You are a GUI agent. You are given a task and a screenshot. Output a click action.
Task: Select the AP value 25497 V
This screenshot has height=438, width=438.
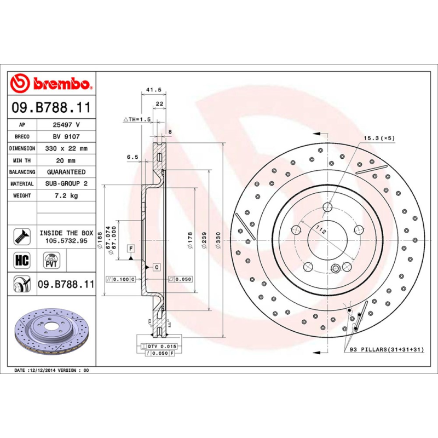pos(66,125)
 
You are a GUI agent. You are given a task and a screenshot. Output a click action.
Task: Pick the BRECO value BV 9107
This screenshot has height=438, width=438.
pos(66,136)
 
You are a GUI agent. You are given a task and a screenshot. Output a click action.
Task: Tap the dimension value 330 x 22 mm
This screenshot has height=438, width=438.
pos(66,148)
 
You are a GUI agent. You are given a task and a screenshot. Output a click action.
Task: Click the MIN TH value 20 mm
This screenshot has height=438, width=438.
pos(66,160)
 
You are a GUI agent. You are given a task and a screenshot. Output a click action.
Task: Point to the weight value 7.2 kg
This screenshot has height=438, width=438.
pos(66,195)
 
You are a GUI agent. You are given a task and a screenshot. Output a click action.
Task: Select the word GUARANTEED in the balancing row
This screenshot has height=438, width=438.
pos(66,172)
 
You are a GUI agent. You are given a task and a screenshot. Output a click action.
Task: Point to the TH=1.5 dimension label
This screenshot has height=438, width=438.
pos(136,119)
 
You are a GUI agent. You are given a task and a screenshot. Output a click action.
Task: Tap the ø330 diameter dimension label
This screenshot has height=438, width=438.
pos(218,241)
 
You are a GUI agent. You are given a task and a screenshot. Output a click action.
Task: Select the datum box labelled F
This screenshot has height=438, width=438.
pos(131,249)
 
